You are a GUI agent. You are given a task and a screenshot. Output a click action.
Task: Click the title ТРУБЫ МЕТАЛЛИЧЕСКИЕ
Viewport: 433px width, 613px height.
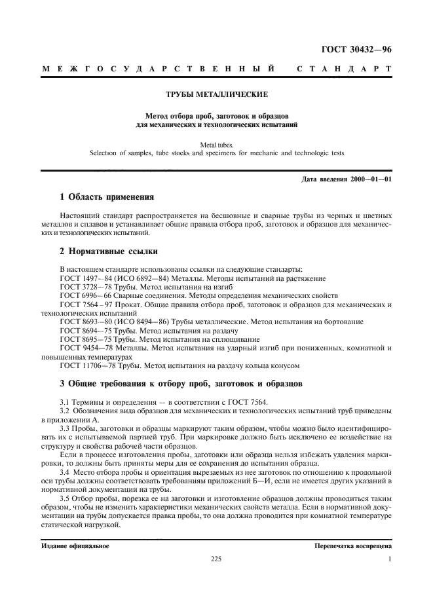(x=216, y=94)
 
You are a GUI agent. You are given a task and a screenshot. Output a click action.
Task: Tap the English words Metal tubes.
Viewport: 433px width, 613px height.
(x=216, y=144)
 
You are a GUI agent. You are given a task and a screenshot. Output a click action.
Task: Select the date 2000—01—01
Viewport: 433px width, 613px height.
(x=370, y=179)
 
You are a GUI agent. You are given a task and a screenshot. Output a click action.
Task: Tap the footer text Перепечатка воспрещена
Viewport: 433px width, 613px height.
(x=352, y=545)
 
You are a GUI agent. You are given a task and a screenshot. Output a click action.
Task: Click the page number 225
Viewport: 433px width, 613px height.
(x=216, y=559)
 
